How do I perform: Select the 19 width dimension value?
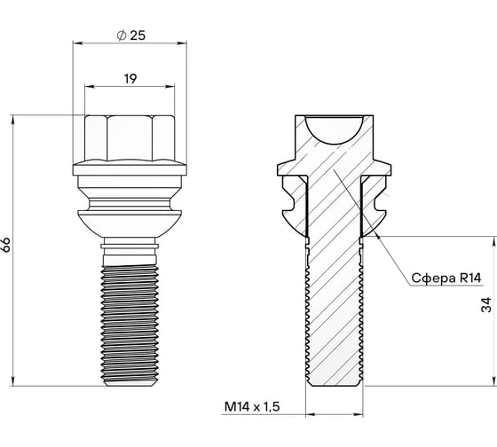pos(130,79)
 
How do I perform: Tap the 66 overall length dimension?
pos(8,245)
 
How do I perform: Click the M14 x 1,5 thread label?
pos(253,407)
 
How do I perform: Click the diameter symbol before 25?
pos(120,35)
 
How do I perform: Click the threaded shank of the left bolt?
pos(130,319)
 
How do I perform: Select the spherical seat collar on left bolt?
pos(130,213)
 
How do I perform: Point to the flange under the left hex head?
pos(130,171)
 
